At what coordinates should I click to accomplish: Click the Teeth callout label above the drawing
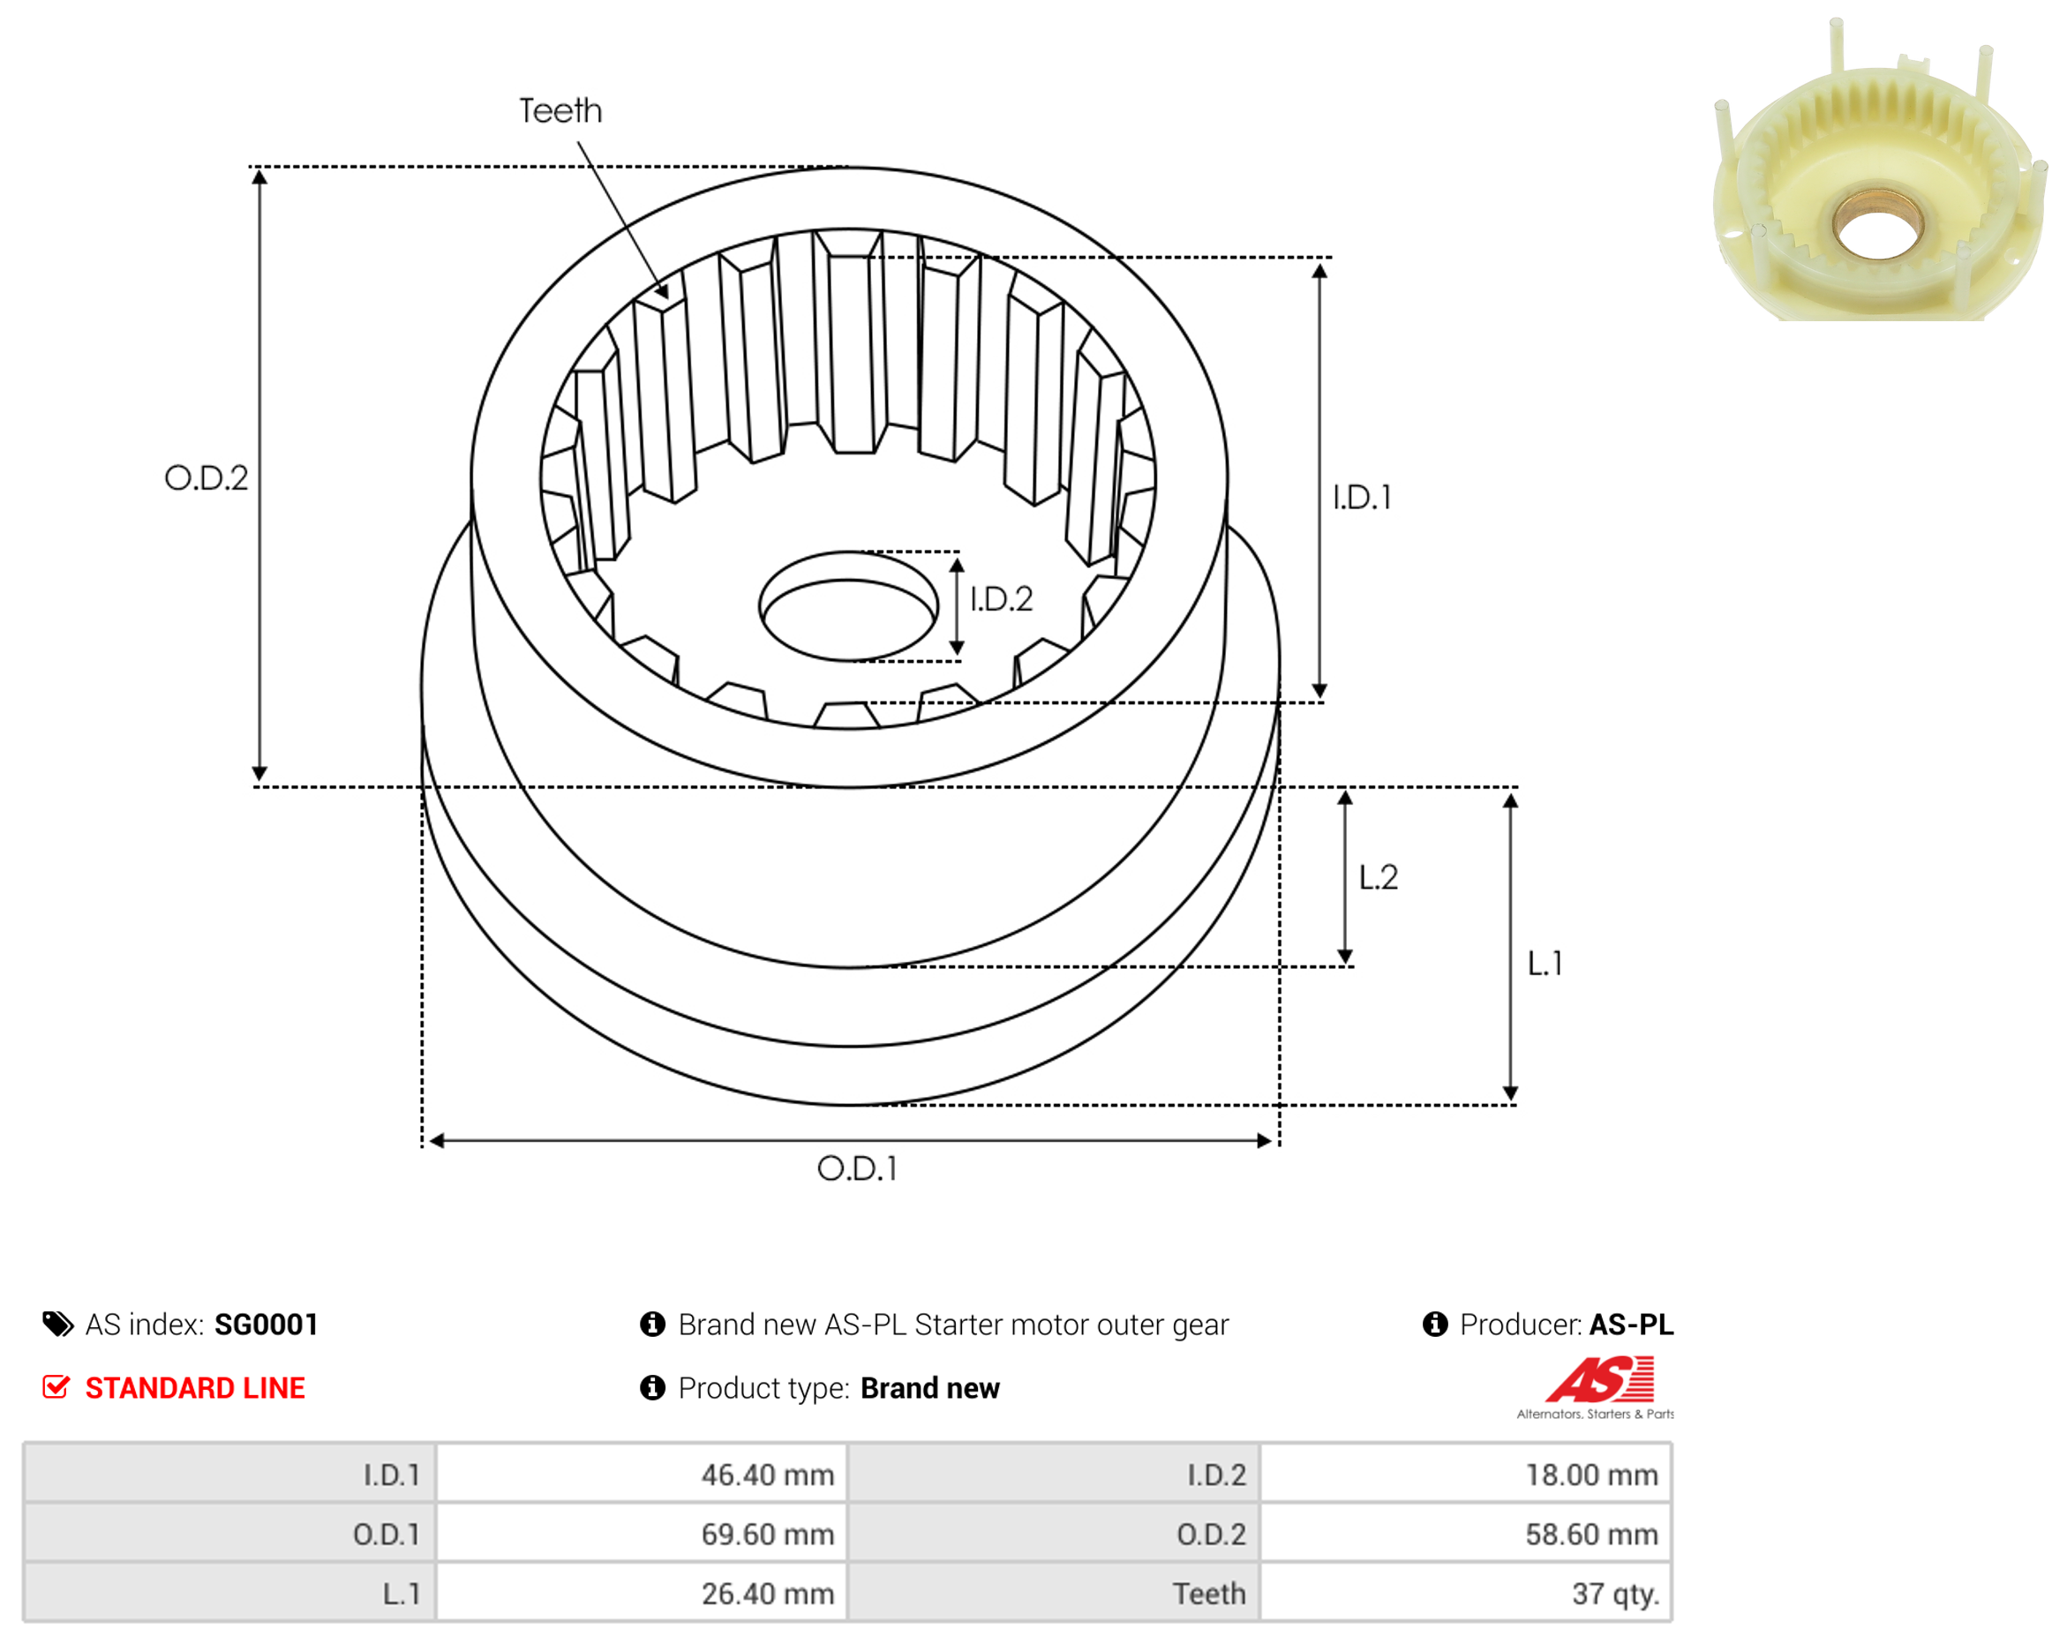(560, 111)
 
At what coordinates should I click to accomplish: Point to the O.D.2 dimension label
(207, 477)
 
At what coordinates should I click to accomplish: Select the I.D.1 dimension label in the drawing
(1362, 498)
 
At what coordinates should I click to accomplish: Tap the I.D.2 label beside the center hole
(1001, 599)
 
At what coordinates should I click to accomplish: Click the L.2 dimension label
(1379, 877)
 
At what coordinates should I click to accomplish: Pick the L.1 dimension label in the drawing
(1545, 964)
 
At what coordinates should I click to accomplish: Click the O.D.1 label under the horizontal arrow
(857, 1168)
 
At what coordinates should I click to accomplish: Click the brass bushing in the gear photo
(1877, 225)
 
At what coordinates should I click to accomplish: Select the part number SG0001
(267, 1325)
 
